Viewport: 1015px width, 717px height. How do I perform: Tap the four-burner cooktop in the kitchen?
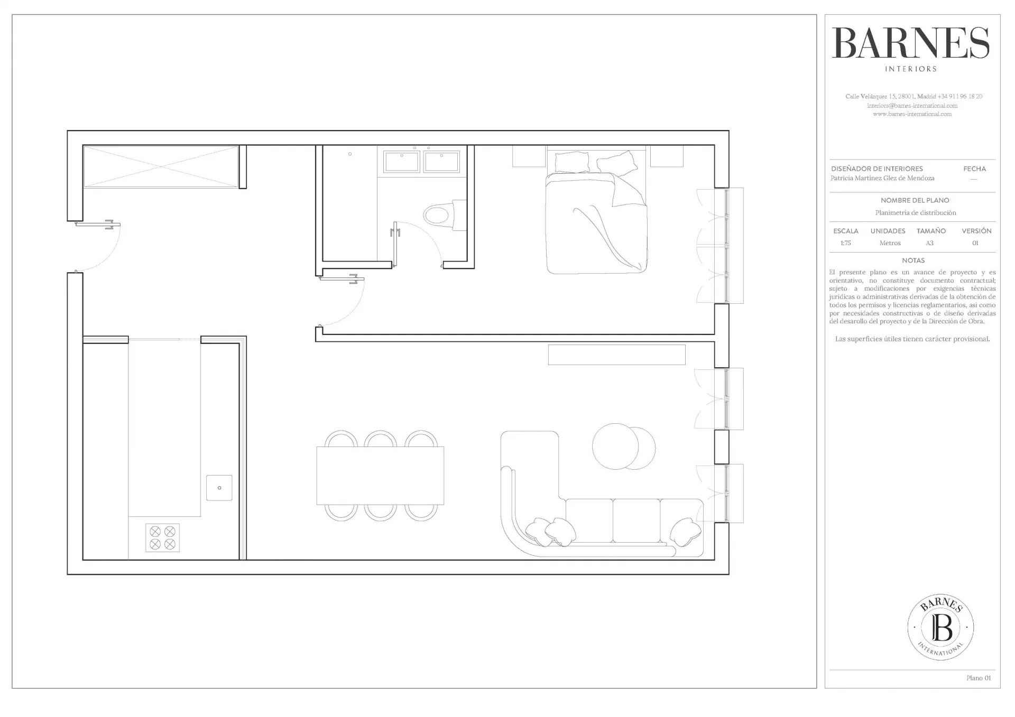tap(162, 538)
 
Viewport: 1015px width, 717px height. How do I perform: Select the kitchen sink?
tap(219, 488)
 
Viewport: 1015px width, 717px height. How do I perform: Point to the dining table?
tap(380, 476)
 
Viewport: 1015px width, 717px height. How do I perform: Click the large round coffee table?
tap(616, 446)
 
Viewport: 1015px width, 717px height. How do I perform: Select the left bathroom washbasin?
tap(402, 162)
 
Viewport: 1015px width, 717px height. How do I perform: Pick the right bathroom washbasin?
tap(441, 162)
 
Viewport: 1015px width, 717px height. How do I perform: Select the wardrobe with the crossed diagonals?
tap(161, 166)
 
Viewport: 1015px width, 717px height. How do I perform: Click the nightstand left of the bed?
tap(529, 156)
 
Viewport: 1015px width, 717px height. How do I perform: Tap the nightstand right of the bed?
tap(667, 156)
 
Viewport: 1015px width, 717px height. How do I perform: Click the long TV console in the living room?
tap(616, 355)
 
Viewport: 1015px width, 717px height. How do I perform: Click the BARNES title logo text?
tap(910, 43)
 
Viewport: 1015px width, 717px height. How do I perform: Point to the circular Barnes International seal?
tap(940, 627)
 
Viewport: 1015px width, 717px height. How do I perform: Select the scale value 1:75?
tap(845, 243)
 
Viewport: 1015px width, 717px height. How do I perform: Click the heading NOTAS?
tap(913, 260)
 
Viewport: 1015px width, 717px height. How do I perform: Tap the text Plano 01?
tap(979, 678)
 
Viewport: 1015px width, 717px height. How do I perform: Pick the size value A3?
tap(929, 243)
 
